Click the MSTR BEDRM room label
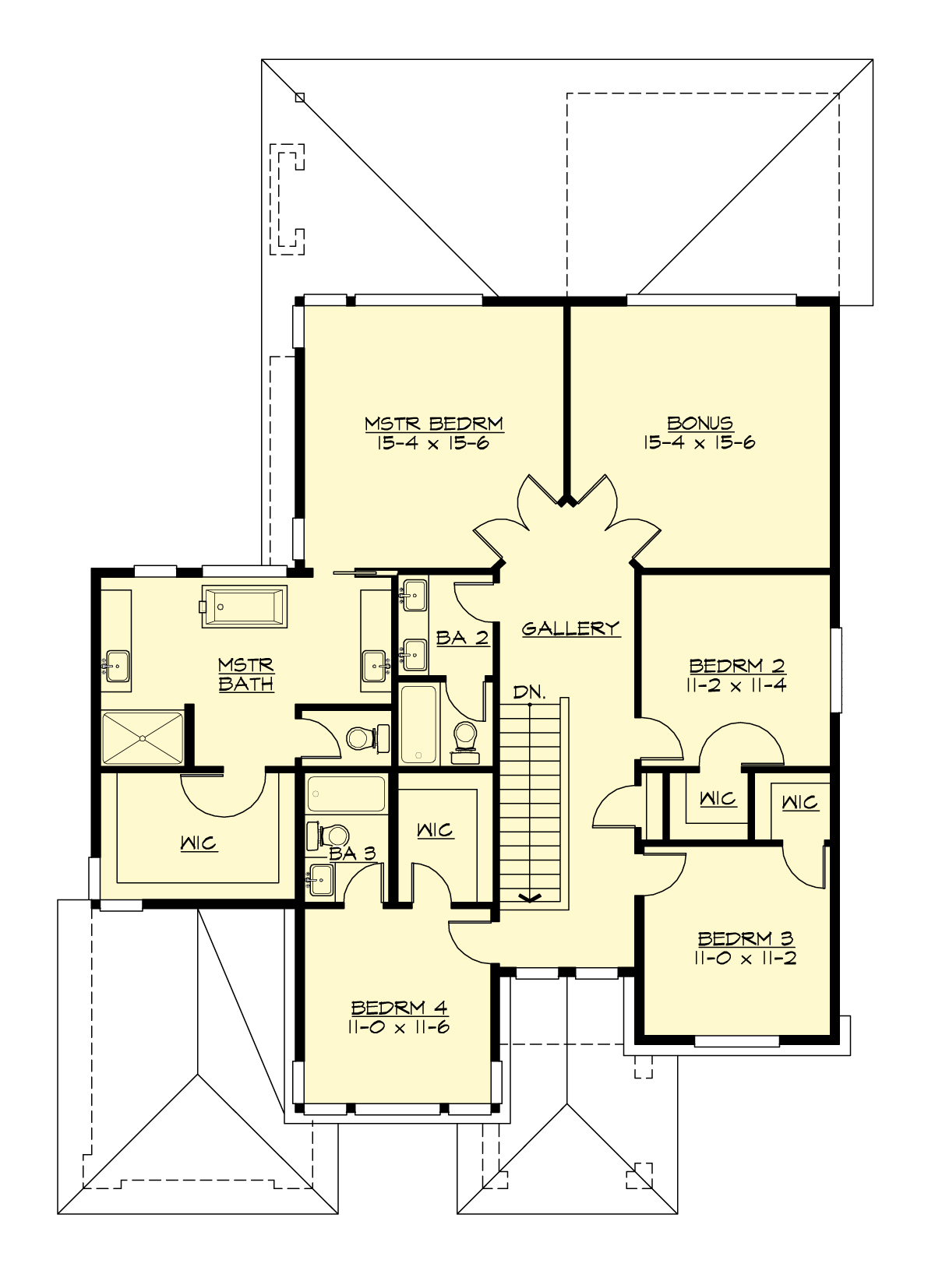(434, 424)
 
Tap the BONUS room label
(700, 424)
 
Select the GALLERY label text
(570, 628)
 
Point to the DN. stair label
(529, 692)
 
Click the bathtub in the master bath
(244, 607)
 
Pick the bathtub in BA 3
(346, 794)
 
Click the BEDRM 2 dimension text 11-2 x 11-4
(737, 685)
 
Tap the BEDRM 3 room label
(745, 939)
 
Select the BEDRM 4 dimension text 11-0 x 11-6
(399, 1027)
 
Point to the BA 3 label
(352, 853)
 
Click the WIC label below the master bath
(199, 843)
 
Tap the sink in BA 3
(321, 881)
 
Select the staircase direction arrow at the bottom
(529, 898)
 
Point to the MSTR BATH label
(245, 674)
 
